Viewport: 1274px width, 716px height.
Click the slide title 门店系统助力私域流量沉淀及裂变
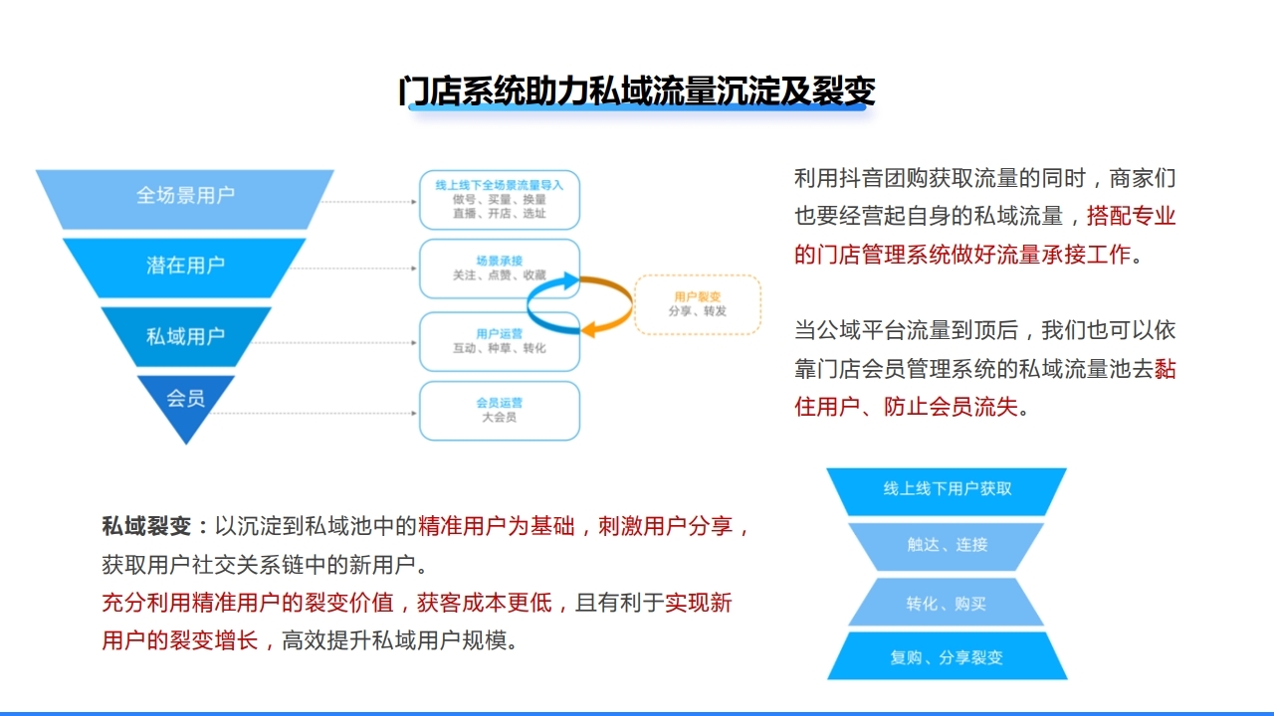click(x=637, y=90)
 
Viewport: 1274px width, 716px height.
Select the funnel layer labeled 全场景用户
click(x=185, y=196)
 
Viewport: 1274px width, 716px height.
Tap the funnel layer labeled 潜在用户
click(x=185, y=266)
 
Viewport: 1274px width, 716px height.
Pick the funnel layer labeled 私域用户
click(x=185, y=336)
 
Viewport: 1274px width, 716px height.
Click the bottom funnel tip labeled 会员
click(x=185, y=400)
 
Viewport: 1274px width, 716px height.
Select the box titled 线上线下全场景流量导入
click(x=500, y=199)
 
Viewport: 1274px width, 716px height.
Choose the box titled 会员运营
click(x=500, y=410)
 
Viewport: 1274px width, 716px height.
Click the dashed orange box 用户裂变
click(x=699, y=304)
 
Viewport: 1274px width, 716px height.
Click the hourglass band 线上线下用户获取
click(x=947, y=489)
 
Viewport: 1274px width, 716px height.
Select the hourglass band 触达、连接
click(x=947, y=545)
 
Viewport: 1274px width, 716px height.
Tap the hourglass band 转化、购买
click(x=947, y=604)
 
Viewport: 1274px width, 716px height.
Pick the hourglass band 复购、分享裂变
click(x=947, y=657)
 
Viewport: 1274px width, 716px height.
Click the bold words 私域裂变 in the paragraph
click(x=146, y=526)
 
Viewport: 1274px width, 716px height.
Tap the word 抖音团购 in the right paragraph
click(x=884, y=179)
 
